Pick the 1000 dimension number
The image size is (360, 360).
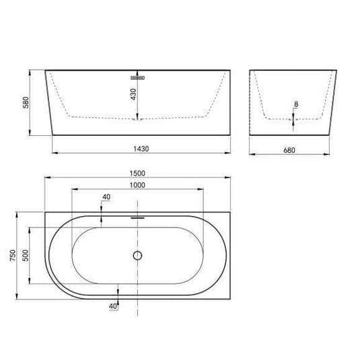(138, 186)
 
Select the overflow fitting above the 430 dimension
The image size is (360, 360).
(138, 77)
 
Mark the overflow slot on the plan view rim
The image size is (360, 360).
(137, 217)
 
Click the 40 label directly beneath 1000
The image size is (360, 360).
(106, 197)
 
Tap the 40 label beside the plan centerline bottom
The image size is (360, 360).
(112, 306)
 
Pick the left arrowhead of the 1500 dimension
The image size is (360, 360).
(46, 179)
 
